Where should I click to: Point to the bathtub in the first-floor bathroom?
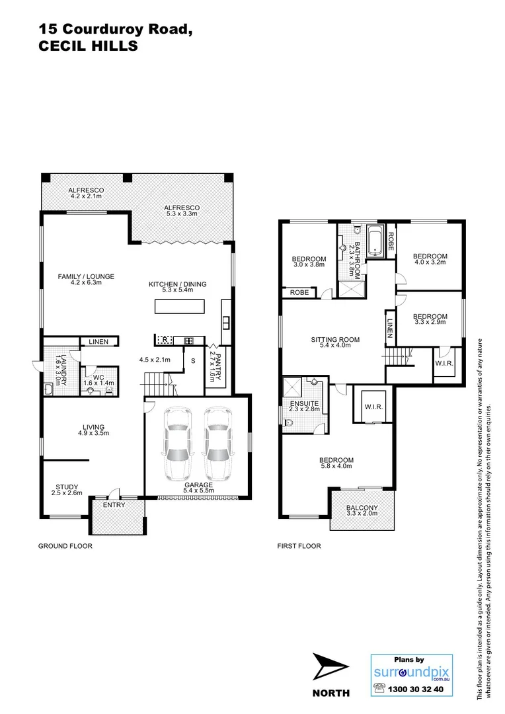tap(375, 241)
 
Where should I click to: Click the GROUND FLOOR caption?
tap(65, 546)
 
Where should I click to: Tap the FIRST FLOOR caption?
tap(299, 546)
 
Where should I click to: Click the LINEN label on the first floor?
tap(390, 327)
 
